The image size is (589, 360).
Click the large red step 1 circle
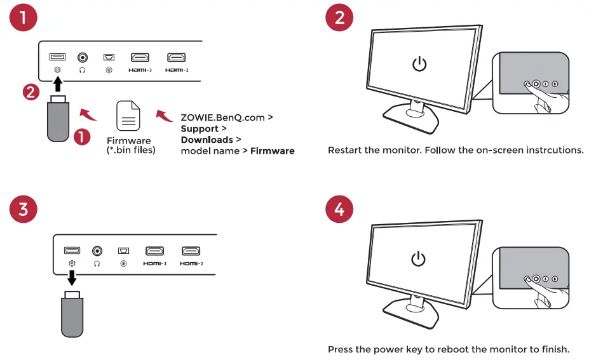point(24,18)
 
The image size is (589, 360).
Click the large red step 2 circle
point(339,18)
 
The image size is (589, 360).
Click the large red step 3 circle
point(24,210)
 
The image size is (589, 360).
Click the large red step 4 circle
point(339,210)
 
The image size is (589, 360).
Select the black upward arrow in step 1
point(57,83)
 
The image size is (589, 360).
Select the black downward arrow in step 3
point(72,277)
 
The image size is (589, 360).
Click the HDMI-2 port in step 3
point(191,251)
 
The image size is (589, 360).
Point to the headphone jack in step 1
point(83,58)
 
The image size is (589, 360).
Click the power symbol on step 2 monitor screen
point(419,64)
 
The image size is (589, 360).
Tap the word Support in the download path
point(200,129)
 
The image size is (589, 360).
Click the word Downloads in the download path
point(206,140)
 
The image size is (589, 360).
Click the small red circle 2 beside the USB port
point(30,92)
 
